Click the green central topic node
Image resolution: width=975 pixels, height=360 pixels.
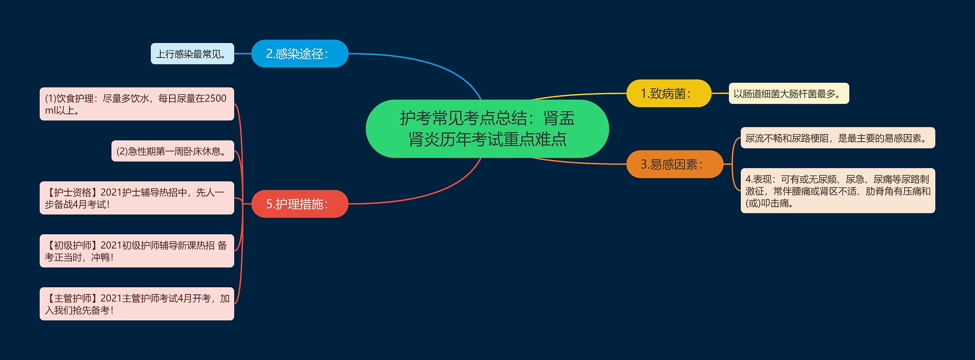click(x=487, y=129)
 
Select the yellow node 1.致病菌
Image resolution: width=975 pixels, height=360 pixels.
click(x=668, y=93)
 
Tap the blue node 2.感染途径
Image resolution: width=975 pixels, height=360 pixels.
click(x=300, y=54)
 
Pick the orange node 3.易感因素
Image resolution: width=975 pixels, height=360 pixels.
click(x=674, y=164)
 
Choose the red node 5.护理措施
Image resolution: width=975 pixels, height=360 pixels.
click(x=300, y=204)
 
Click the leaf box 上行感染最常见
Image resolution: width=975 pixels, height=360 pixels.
click(x=192, y=54)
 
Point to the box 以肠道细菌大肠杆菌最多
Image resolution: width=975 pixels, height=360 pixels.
click(x=788, y=93)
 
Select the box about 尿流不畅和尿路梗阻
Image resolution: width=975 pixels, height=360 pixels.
click(x=837, y=138)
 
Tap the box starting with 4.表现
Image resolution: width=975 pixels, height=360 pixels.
click(x=837, y=190)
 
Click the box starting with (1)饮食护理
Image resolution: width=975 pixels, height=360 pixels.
click(x=137, y=104)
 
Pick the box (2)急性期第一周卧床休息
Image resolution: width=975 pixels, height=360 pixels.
click(x=173, y=151)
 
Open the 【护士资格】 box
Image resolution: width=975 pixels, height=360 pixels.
click(x=137, y=198)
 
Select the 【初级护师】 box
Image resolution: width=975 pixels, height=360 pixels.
click(x=137, y=251)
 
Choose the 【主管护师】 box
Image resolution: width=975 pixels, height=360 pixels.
click(x=137, y=304)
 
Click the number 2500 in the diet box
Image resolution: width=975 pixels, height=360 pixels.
click(x=216, y=98)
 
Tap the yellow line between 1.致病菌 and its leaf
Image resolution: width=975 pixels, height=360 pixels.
click(x=720, y=93)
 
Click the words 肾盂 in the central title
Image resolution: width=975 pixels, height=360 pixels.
click(x=559, y=118)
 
